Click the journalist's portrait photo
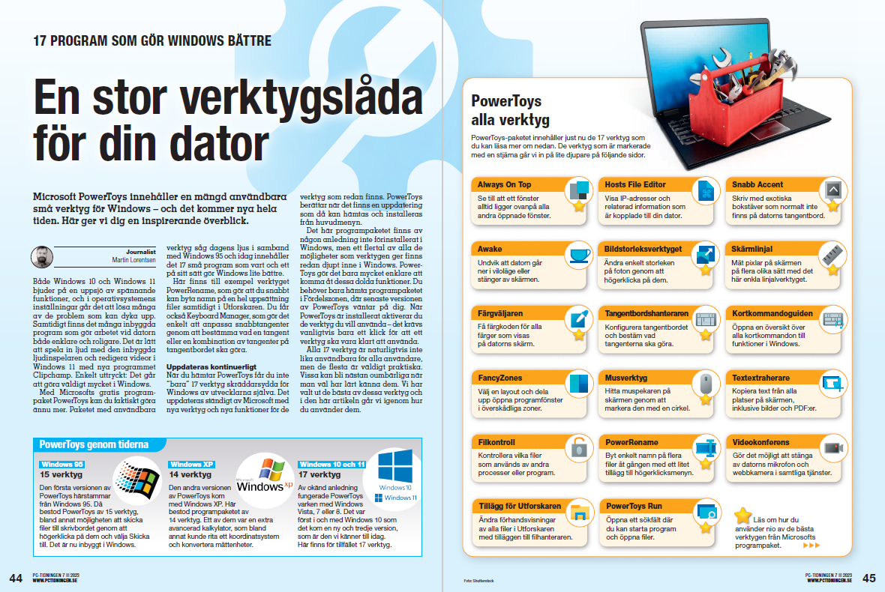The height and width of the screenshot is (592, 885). [x=42, y=258]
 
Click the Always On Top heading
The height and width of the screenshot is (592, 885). [x=504, y=184]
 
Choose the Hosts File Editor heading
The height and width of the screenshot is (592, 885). [x=635, y=184]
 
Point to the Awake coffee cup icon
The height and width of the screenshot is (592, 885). [x=579, y=256]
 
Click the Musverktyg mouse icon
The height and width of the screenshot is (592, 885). [x=706, y=384]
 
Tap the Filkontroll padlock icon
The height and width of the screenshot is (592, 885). [x=579, y=448]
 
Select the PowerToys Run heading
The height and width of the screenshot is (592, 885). [x=634, y=506]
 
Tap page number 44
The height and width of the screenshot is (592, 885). [x=16, y=578]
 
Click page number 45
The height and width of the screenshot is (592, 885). [x=868, y=578]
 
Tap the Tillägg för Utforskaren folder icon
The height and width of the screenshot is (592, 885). [x=579, y=513]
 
